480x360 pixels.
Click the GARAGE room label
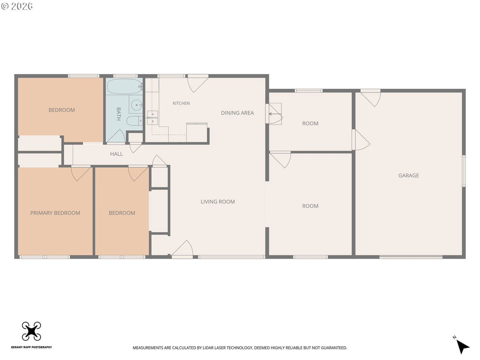tap(408, 175)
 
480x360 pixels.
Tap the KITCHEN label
tap(181, 103)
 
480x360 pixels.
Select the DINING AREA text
tap(237, 113)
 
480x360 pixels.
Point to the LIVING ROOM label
tap(217, 202)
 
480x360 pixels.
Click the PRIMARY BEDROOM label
tap(55, 213)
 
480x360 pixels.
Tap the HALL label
tap(116, 154)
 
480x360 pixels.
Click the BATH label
tap(118, 114)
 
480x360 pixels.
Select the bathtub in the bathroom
tap(124, 86)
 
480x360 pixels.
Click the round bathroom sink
tap(136, 105)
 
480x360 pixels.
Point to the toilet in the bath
tap(134, 121)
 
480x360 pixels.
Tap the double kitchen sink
tap(152, 118)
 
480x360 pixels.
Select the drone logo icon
tap(31, 331)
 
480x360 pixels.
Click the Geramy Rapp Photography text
tap(31, 347)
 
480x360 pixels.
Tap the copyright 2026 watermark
tap(17, 6)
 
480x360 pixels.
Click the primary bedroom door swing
tap(81, 174)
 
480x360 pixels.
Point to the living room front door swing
tap(183, 248)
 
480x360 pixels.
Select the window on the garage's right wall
tap(463, 171)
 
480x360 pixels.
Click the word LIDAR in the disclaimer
tap(208, 348)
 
